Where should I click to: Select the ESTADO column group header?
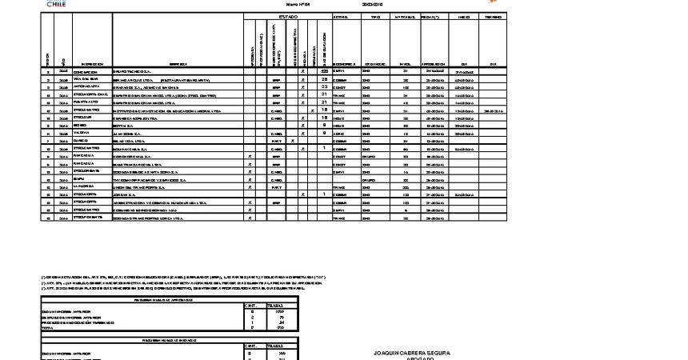[x=288, y=16]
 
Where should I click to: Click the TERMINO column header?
[x=493, y=16]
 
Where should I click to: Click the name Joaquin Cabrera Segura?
[x=412, y=352]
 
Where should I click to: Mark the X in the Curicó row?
[x=293, y=140]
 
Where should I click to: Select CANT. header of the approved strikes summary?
[x=250, y=305]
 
